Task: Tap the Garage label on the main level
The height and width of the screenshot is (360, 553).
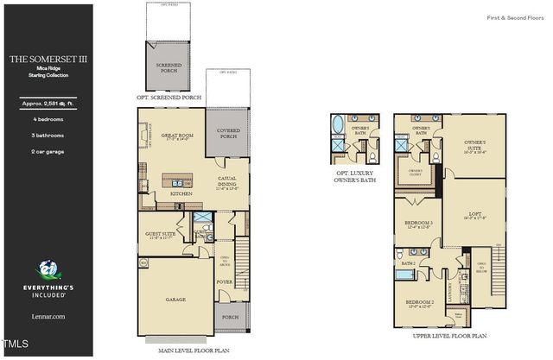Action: pyautogui.click(x=176, y=300)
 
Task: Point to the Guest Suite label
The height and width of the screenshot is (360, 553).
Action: pyautogui.click(x=162, y=235)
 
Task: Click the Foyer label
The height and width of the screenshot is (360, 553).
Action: pyautogui.click(x=225, y=281)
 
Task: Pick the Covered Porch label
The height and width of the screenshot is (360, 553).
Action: pyautogui.click(x=228, y=134)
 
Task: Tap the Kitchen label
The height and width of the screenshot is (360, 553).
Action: pyautogui.click(x=181, y=194)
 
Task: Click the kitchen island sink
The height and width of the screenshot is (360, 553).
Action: pyautogui.click(x=178, y=183)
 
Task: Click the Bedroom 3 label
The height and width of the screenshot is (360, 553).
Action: pyautogui.click(x=418, y=223)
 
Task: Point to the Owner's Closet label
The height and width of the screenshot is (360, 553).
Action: pyautogui.click(x=416, y=170)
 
